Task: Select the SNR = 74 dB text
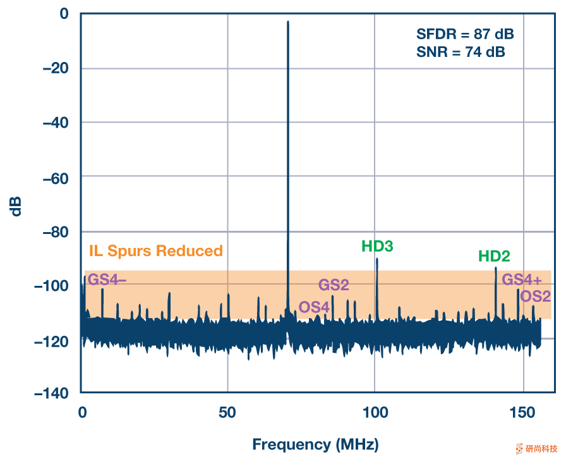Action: click(x=461, y=52)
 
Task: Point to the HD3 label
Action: click(x=377, y=246)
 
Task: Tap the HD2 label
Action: click(x=494, y=256)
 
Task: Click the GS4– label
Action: click(x=107, y=279)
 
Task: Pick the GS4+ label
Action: click(x=522, y=280)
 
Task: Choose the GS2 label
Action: click(x=334, y=285)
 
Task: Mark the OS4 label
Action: click(x=315, y=307)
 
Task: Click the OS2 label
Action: click(x=536, y=296)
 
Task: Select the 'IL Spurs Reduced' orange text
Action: click(x=156, y=251)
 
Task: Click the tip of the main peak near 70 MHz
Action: click(x=288, y=22)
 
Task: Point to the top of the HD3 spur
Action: click(x=377, y=259)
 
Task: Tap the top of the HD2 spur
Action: click(x=496, y=268)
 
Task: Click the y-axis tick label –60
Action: click(x=56, y=176)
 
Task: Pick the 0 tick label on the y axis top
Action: click(x=64, y=14)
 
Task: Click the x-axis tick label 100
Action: click(x=375, y=412)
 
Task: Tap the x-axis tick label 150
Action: click(x=523, y=412)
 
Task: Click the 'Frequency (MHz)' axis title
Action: click(x=315, y=445)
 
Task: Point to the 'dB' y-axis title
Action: click(x=16, y=206)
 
